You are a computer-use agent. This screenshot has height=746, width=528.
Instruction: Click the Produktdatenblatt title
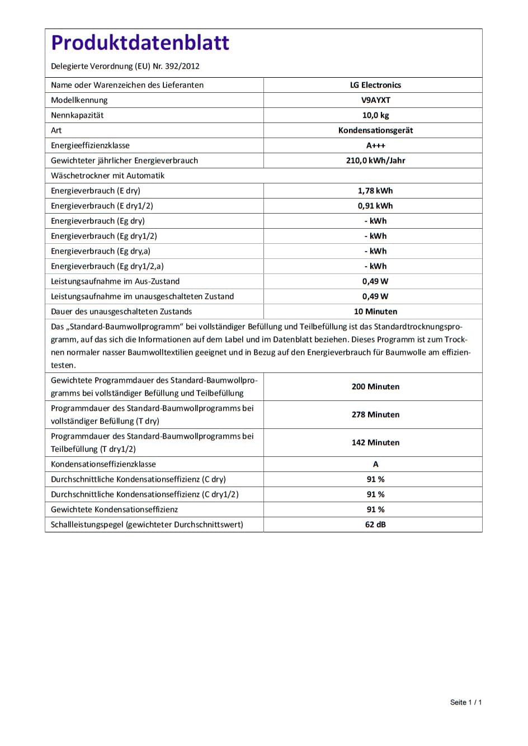140,43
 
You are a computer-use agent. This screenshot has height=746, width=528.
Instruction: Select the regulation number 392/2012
182,66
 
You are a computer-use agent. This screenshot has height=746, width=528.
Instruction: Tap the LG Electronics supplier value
375,85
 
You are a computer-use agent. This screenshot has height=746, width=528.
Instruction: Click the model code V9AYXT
375,100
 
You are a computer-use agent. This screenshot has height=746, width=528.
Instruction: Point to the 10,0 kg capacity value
375,115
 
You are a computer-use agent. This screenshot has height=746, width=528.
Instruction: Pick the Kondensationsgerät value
375,130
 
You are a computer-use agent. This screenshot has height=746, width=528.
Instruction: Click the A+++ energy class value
375,145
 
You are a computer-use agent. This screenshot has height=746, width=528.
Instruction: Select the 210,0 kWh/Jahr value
375,160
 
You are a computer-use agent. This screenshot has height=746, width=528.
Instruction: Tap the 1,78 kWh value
375,191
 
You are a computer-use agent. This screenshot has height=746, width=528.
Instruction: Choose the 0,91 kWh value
375,206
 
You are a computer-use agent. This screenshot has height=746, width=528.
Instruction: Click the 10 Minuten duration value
375,311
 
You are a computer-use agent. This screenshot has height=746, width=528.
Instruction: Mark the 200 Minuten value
375,386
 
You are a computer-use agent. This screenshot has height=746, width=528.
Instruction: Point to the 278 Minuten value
375,414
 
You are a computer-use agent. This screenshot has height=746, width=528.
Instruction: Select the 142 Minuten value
375,442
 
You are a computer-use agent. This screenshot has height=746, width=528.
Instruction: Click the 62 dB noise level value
375,525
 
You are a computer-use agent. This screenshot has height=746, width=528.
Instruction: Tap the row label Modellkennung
79,100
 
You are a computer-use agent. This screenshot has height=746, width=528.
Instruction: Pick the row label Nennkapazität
77,115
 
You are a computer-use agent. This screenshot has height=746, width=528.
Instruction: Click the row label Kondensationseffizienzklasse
103,464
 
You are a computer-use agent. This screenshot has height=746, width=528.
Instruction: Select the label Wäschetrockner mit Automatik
108,176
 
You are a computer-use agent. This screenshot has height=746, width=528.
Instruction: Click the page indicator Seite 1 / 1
465,702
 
